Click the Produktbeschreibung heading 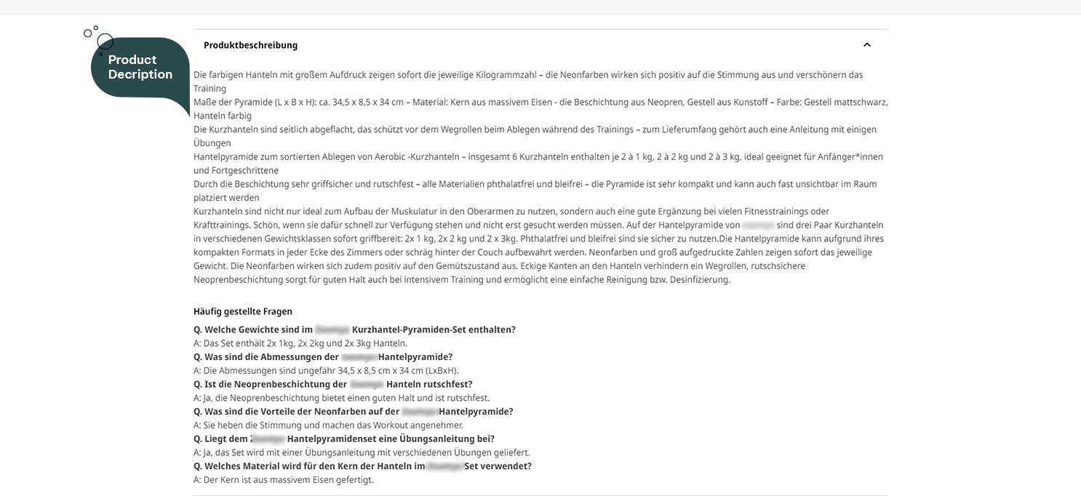pyautogui.click(x=250, y=45)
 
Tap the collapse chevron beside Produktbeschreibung pyautogui.click(x=866, y=45)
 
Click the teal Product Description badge pyautogui.click(x=140, y=68)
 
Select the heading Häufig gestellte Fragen pyautogui.click(x=243, y=311)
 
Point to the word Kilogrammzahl pyautogui.click(x=506, y=75)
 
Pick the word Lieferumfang pyautogui.click(x=688, y=129)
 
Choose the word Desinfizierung pyautogui.click(x=700, y=279)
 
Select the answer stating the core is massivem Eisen pyautogui.click(x=283, y=480)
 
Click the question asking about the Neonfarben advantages pyautogui.click(x=353, y=412)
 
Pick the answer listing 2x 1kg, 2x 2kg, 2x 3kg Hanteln pyautogui.click(x=300, y=343)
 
